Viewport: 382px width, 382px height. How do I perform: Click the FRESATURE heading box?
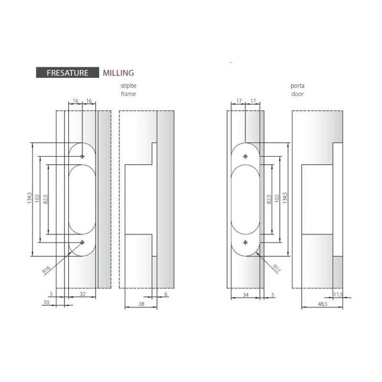[67, 73]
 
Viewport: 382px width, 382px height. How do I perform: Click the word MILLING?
[118, 73]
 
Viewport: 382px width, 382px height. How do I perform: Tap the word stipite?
[128, 86]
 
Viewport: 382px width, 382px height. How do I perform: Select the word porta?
[297, 86]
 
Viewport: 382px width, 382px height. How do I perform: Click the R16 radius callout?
[46, 270]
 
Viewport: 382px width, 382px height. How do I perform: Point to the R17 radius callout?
[276, 268]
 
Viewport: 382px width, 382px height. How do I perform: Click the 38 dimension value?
[141, 304]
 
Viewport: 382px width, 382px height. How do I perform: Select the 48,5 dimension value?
[323, 304]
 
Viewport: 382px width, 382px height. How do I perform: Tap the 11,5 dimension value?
[338, 295]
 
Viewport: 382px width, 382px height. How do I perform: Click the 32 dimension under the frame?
[83, 294]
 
